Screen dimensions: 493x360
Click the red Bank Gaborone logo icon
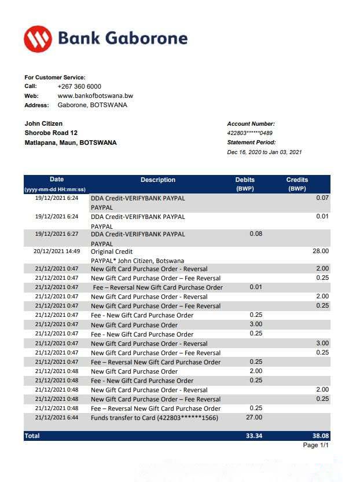[x=38, y=39]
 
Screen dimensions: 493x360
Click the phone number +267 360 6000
[x=79, y=86]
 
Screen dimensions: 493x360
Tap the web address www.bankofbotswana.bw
[x=95, y=96]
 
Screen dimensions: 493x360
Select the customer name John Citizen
[x=43, y=123]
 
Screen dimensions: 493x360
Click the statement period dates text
[x=265, y=152]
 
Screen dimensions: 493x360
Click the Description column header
[x=157, y=180]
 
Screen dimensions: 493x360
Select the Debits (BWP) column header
[x=245, y=184]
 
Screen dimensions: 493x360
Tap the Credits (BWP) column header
[x=297, y=184]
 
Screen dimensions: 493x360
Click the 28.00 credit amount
[x=320, y=251]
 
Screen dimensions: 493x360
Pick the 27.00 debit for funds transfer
[x=254, y=417]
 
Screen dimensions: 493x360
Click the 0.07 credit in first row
[x=322, y=198]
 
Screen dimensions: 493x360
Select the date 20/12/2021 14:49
[x=57, y=251]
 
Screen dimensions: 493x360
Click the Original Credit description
[x=112, y=251]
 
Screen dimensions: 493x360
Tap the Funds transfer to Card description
[x=155, y=418]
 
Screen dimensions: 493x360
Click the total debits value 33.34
[x=254, y=435]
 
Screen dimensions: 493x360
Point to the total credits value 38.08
[x=319, y=435]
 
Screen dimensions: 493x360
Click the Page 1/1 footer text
[x=316, y=445]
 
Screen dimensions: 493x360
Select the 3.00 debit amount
[x=255, y=324]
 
